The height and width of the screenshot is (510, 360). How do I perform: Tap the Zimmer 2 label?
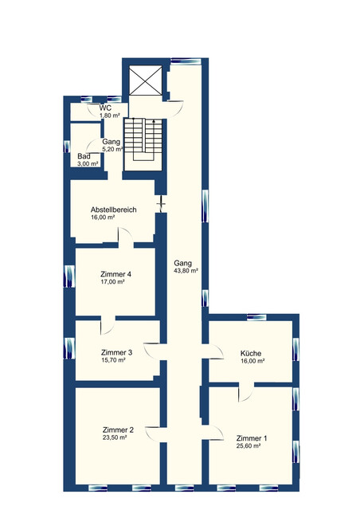[118, 430]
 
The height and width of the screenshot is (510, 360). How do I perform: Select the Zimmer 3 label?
[116, 352]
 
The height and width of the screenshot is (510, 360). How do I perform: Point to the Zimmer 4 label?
[116, 274]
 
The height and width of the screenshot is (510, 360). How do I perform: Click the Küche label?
[251, 353]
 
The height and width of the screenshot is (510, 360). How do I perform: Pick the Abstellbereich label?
[114, 210]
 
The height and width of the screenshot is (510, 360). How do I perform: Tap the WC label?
[105, 108]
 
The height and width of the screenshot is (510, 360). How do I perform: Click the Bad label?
[84, 156]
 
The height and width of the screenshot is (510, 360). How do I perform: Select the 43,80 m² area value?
[186, 271]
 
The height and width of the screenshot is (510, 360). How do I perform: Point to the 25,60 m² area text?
[248, 446]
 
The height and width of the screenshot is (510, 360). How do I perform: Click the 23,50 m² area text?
[115, 437]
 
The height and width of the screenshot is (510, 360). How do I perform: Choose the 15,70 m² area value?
[113, 360]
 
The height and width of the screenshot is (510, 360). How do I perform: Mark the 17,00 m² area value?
[113, 282]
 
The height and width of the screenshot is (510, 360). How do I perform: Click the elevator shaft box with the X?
[146, 80]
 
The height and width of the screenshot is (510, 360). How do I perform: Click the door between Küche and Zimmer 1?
[246, 392]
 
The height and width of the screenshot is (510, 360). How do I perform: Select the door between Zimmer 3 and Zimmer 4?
[108, 325]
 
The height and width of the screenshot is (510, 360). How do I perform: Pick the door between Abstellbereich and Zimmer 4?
[126, 237]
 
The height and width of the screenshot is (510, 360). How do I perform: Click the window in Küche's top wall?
[256, 317]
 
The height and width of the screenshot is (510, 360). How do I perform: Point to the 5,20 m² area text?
[112, 149]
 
